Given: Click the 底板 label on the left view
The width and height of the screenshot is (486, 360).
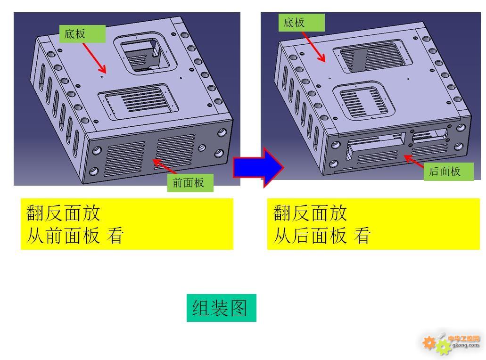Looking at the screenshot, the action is [82, 34].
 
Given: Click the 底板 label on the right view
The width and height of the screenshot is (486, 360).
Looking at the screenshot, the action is [301, 23].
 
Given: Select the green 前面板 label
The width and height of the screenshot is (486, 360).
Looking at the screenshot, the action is [190, 183].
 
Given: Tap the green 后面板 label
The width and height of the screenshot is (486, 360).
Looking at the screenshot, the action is [448, 172].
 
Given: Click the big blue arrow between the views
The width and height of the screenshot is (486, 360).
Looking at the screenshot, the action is [258, 167].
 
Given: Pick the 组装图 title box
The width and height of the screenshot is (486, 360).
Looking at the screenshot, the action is [221, 308].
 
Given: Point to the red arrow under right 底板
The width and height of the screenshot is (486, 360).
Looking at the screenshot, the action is [313, 47].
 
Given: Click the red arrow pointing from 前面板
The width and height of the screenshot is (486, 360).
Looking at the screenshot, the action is [165, 166].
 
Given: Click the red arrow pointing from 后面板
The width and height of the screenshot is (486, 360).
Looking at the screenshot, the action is [414, 162].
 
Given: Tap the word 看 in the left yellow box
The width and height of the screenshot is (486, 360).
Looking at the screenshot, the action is [115, 236].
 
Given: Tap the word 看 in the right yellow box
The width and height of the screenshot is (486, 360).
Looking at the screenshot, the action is [362, 236].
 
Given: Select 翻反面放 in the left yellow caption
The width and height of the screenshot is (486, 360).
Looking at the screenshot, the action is [63, 213].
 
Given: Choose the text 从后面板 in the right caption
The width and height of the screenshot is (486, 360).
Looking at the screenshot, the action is [310, 236].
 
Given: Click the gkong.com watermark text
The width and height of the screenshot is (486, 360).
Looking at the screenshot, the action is [465, 345].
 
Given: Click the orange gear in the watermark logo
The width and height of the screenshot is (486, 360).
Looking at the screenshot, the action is [429, 343].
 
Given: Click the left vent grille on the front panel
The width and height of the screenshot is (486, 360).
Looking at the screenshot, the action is [125, 159].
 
